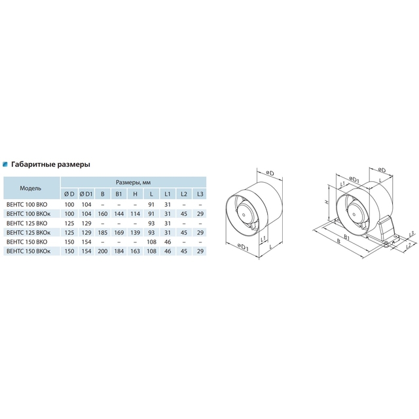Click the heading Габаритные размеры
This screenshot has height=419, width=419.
pyautogui.click(x=50, y=164)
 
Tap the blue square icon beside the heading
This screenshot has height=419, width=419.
pyautogui.click(x=5, y=164)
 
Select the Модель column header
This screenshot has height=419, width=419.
pyautogui.click(x=31, y=188)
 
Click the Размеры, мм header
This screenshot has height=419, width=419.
pyautogui.click(x=133, y=183)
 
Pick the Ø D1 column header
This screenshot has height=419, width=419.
pyautogui.click(x=86, y=194)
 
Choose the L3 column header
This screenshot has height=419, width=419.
pyautogui.click(x=200, y=194)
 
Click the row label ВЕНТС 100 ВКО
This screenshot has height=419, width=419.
pyautogui.click(x=27, y=205)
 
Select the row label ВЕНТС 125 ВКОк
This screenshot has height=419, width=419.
pyautogui.click(x=28, y=233)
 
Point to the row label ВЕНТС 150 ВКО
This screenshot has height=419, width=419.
pyautogui.click(x=27, y=242)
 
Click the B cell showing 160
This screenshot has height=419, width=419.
pyautogui.click(x=103, y=214)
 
